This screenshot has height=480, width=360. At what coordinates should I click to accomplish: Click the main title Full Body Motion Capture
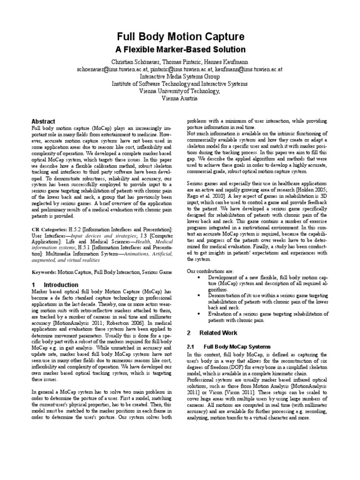click(180, 37)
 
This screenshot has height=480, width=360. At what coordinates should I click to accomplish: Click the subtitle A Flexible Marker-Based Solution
click(180, 49)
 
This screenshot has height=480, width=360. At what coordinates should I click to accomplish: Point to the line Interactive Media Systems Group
click(180, 76)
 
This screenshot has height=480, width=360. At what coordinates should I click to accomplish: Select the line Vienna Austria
click(180, 99)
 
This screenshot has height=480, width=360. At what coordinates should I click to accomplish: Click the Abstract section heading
click(43, 121)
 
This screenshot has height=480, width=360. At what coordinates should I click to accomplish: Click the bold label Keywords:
click(44, 272)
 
